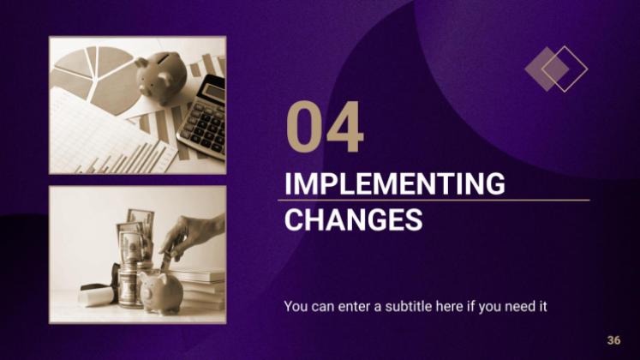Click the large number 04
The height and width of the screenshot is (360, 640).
pos(325,127)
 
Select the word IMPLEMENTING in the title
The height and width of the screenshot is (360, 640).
pos(394,183)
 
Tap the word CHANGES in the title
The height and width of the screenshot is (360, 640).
pos(354,219)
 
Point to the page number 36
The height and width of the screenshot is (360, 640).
pos(613,340)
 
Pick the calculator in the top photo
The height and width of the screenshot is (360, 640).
pos(202,117)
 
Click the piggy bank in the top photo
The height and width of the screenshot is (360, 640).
pos(160,77)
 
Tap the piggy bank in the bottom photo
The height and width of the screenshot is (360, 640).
pos(160,292)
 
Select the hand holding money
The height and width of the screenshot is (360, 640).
pos(192,237)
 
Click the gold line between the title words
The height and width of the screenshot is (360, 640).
pos(434,201)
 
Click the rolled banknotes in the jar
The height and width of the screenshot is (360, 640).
pos(135,237)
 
